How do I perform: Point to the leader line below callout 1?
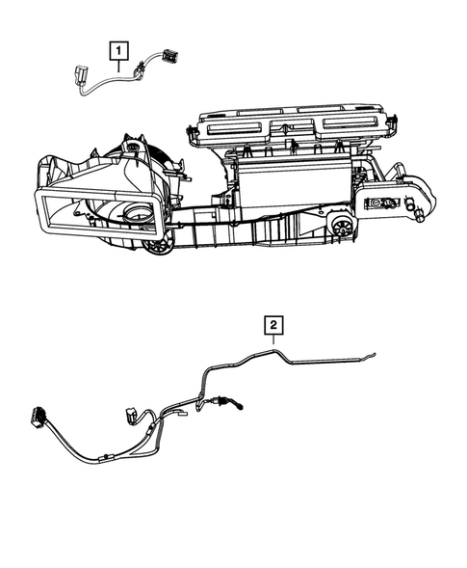coord(118,66)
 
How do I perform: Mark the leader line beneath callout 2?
coord(272,341)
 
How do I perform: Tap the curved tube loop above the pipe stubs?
coord(423,182)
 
